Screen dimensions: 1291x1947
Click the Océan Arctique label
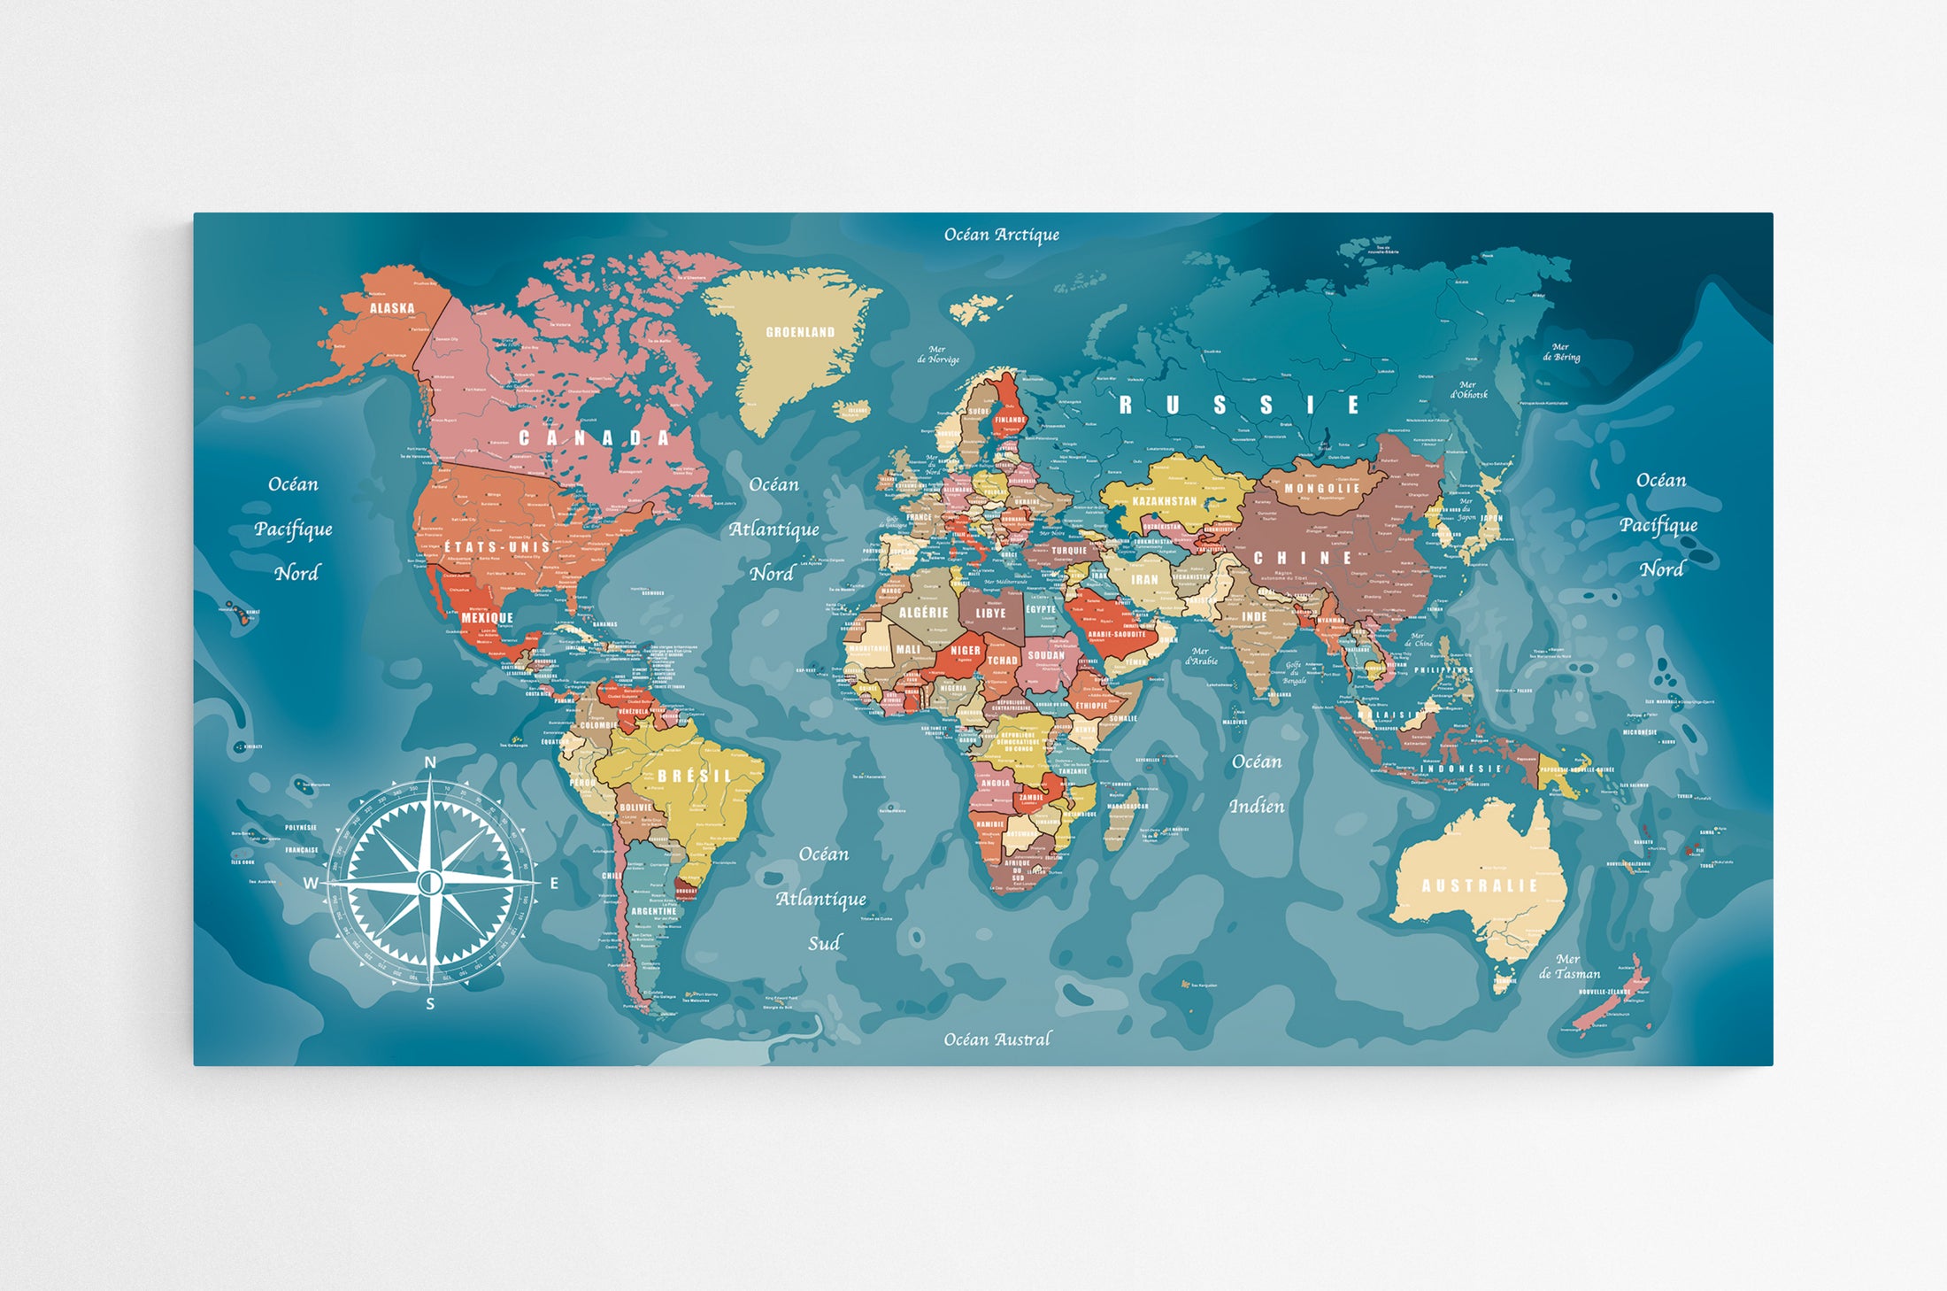pos(1001,235)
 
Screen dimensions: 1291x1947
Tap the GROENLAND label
pos(800,332)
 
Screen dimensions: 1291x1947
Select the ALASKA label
pos(392,308)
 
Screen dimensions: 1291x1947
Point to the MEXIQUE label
pos(487,617)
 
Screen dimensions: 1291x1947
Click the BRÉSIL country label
pos(695,776)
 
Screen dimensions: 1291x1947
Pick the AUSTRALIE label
pos(1480,885)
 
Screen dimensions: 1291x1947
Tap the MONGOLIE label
pos(1321,488)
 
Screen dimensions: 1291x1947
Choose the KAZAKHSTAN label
pos(1165,501)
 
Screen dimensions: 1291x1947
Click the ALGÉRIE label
pos(923,613)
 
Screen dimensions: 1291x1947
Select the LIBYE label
pos(990,613)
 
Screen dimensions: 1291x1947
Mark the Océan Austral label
pos(997,1040)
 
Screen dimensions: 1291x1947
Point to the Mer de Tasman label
pos(1568,966)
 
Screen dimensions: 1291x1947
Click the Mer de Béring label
pos(1561,352)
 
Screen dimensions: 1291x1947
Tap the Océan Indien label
pos(1257,784)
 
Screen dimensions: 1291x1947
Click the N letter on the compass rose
pos(430,762)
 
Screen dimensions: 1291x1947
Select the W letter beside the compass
pos(311,883)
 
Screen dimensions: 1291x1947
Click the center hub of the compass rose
pos(430,882)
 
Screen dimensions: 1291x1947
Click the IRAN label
pos(1144,579)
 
